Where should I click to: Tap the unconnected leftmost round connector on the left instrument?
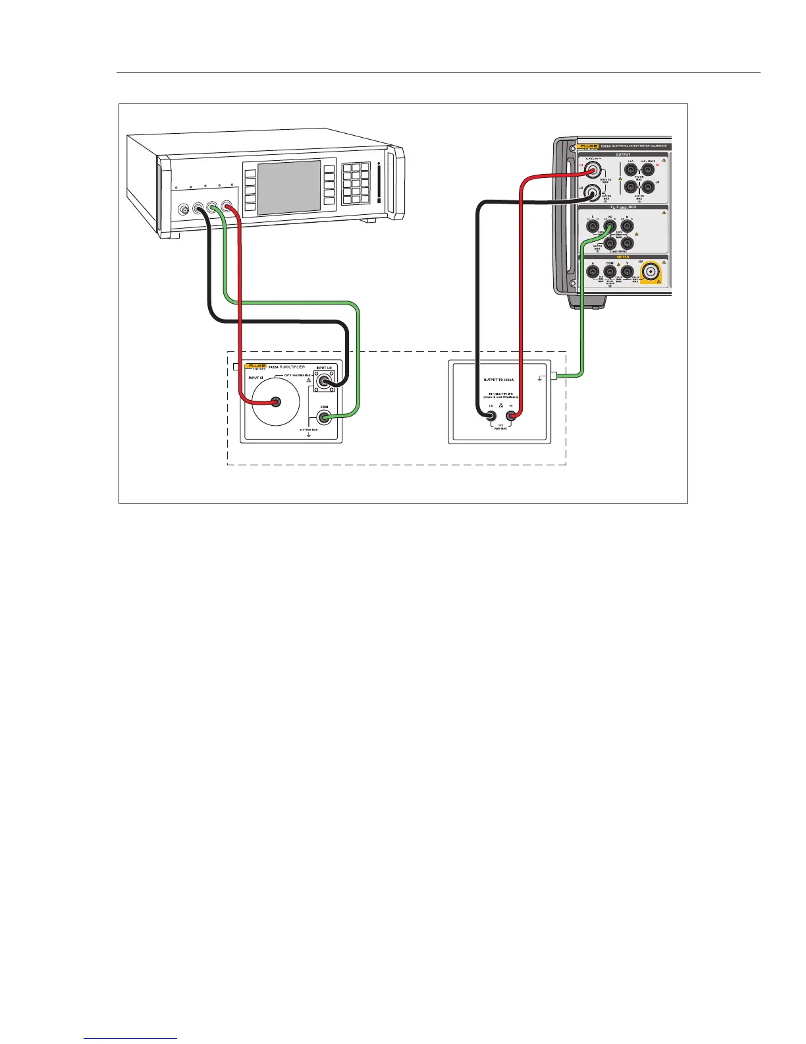185,210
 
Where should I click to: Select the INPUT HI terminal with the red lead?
277,401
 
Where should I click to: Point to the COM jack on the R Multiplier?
323,418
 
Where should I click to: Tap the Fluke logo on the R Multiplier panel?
255,366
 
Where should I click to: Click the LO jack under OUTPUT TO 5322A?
491,416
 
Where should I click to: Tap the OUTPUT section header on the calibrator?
622,154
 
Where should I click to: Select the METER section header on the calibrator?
622,257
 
